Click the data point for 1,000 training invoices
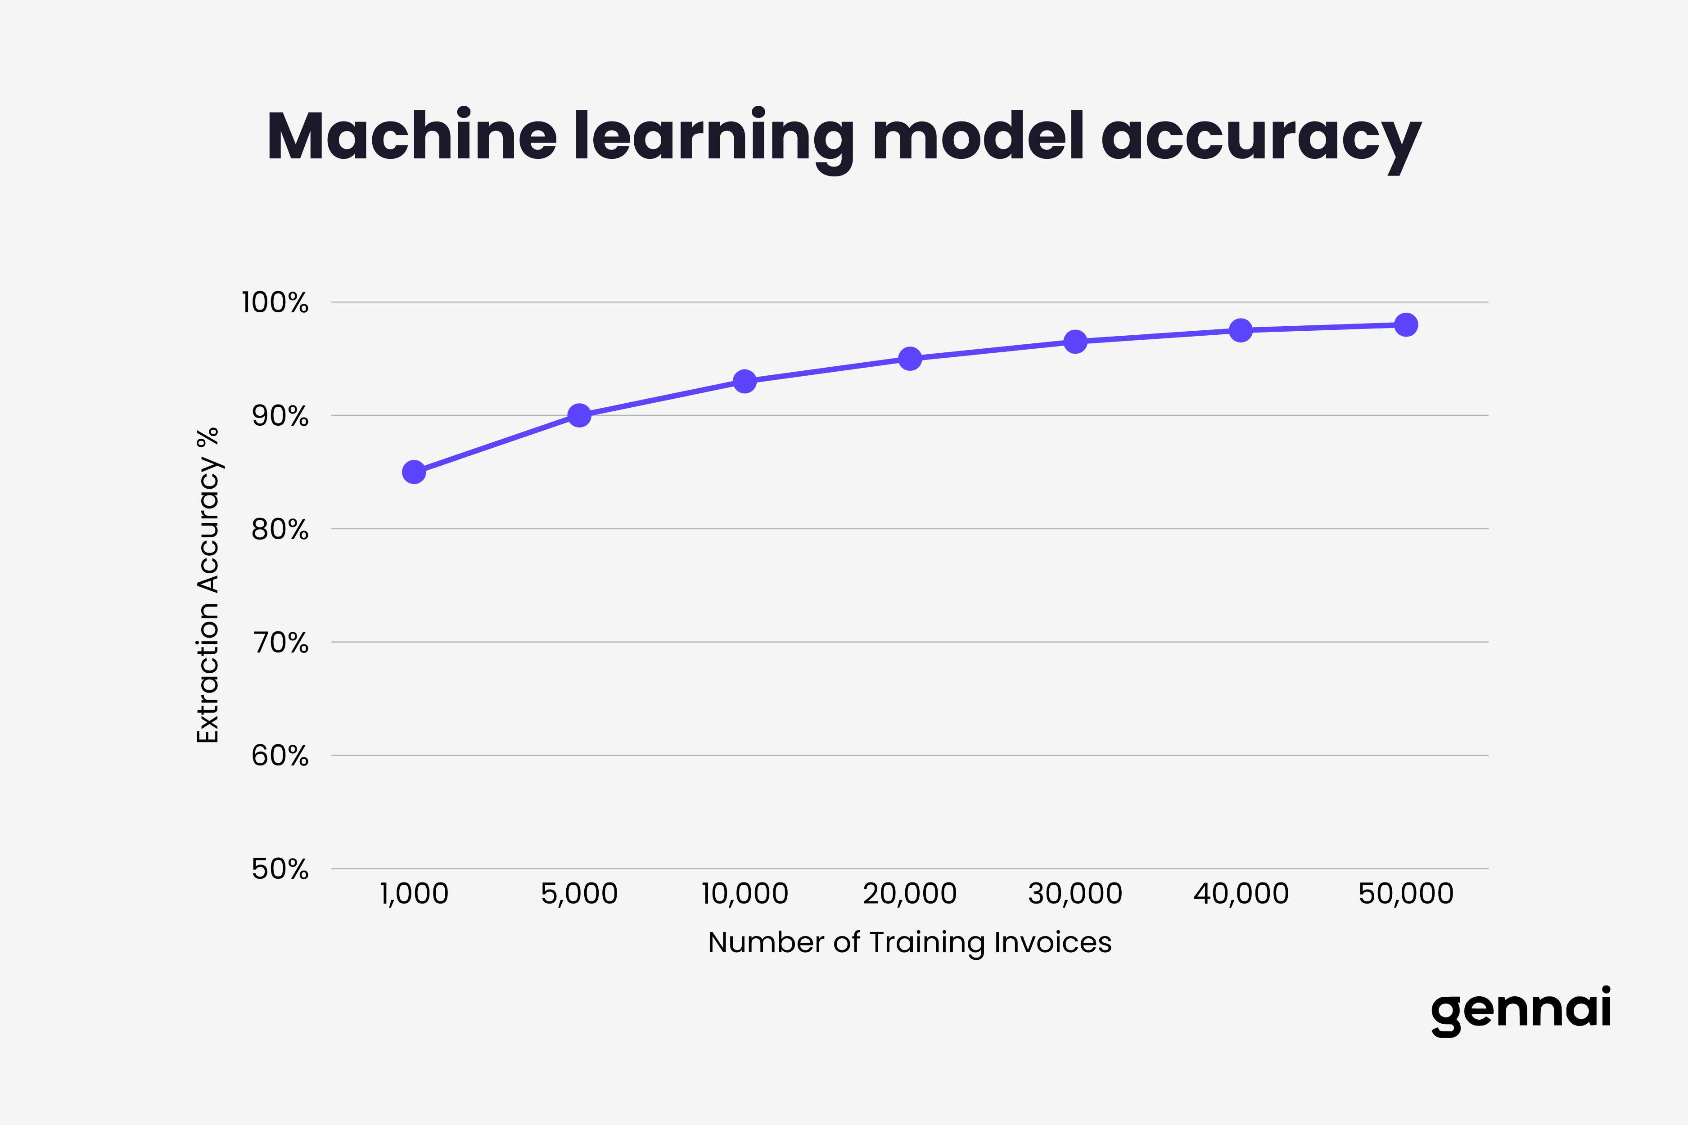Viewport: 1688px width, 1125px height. coord(414,472)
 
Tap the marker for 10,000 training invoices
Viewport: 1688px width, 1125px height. coord(745,381)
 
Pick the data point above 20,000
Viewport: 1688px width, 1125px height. coord(910,358)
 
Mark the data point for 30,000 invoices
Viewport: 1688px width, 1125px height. coord(1075,342)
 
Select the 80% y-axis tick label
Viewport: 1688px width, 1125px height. coord(280,530)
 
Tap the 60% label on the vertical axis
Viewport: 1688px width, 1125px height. coord(280,756)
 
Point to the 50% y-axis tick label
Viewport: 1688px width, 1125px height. coord(280,869)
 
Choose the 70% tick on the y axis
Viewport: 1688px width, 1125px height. coord(280,643)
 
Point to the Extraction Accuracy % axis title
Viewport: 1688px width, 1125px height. coord(208,585)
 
